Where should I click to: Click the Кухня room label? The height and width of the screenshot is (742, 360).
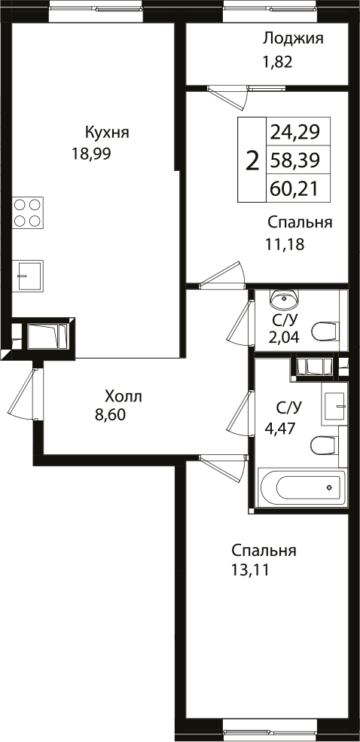(107, 133)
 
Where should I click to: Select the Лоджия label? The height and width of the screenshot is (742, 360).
(293, 39)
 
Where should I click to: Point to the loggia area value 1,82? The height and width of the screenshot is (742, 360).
(276, 62)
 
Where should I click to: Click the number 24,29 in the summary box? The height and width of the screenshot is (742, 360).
(294, 133)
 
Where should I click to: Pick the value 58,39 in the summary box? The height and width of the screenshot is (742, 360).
(294, 160)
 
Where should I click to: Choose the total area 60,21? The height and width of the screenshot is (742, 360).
(294, 187)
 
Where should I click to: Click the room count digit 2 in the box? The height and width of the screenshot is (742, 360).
(252, 160)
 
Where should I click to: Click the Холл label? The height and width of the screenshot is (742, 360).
(123, 396)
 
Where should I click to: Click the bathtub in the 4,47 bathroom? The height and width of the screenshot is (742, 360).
(301, 488)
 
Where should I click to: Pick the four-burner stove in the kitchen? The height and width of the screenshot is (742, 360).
(27, 212)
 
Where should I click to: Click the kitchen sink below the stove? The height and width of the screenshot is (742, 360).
(27, 275)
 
